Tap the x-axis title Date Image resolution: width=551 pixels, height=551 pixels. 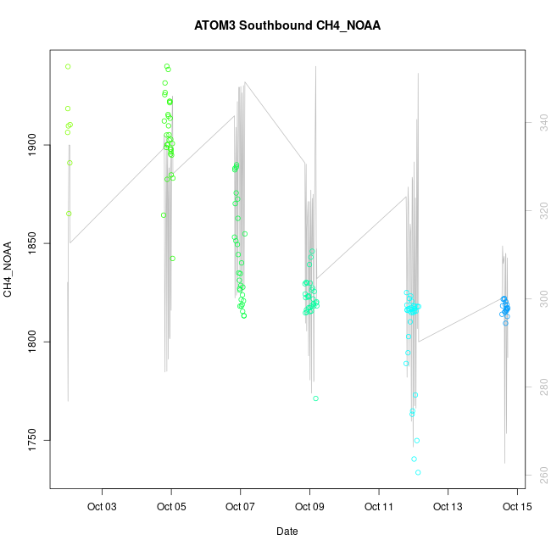pyautogui.click(x=287, y=532)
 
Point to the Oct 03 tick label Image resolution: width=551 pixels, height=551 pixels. pyautogui.click(x=103, y=508)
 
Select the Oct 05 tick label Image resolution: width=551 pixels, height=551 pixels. pyautogui.click(x=171, y=508)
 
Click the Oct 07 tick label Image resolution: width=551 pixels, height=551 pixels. pyautogui.click(x=240, y=508)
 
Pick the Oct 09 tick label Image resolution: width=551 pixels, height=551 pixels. pyautogui.click(x=309, y=508)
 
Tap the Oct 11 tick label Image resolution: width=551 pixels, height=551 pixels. pyautogui.click(x=378, y=508)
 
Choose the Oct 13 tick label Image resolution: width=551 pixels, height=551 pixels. pyautogui.click(x=447, y=508)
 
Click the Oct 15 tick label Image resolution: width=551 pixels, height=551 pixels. pyautogui.click(x=516, y=508)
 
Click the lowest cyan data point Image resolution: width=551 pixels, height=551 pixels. pyautogui.click(x=418, y=472)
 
